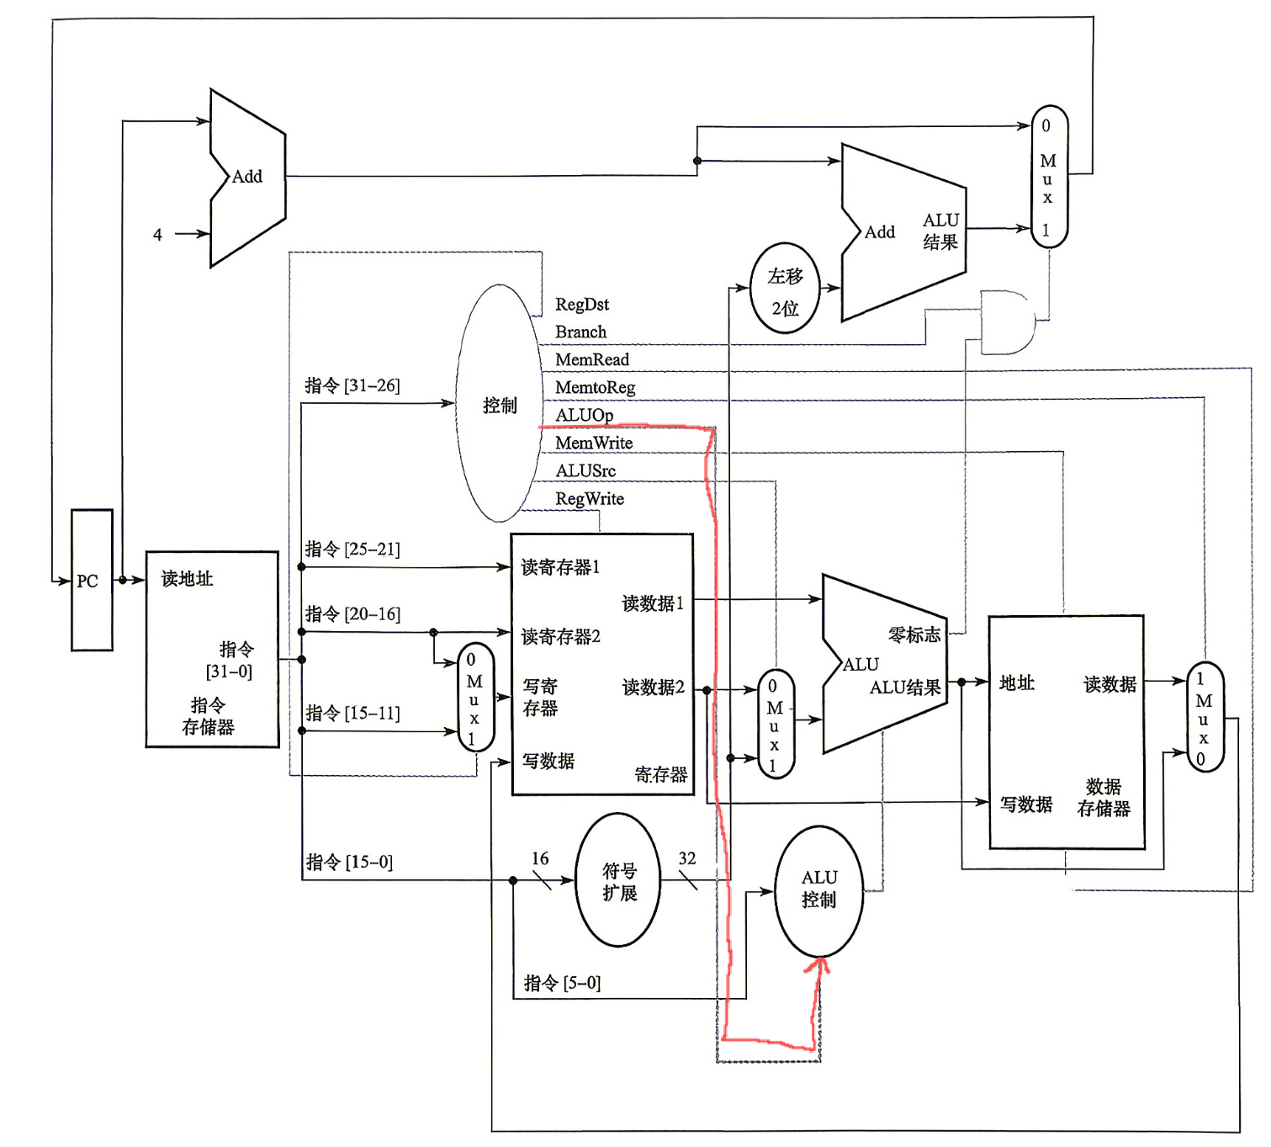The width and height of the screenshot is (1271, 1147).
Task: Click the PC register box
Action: click(92, 580)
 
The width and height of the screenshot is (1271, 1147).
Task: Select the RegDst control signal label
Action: click(581, 305)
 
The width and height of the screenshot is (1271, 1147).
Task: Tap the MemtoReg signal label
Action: click(595, 387)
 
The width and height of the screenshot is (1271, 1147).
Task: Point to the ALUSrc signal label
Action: click(585, 470)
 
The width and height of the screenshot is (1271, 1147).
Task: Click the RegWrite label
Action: click(589, 499)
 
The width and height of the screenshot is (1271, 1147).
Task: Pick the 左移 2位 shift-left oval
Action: click(785, 289)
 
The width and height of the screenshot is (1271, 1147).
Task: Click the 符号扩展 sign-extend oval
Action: click(618, 880)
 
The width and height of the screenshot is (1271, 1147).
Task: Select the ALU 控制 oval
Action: click(818, 890)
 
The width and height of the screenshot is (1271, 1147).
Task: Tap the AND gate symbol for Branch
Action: click(1007, 322)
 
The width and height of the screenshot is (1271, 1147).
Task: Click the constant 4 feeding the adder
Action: click(157, 235)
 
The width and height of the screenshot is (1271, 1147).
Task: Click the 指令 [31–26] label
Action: click(352, 385)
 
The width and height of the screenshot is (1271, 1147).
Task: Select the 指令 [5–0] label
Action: click(562, 983)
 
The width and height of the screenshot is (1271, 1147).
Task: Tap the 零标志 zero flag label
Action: click(914, 635)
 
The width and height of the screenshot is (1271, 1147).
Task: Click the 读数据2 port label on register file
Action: click(653, 688)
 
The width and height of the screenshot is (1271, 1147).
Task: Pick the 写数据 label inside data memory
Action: click(1025, 804)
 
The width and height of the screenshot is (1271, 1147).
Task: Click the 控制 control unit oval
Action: click(499, 405)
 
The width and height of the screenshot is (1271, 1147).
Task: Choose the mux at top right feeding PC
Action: click(1048, 177)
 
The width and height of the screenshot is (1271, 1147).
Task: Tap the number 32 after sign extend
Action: click(687, 858)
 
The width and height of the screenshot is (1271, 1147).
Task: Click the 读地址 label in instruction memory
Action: click(187, 579)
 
